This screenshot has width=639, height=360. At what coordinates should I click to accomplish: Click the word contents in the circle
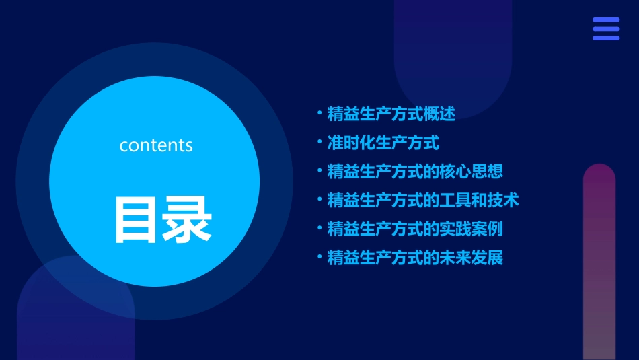coord(156,145)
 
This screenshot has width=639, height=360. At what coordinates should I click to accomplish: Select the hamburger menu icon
coord(606,29)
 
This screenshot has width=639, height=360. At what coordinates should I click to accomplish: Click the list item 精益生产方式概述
coord(391,114)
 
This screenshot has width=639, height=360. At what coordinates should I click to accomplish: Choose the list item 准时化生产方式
coord(383,143)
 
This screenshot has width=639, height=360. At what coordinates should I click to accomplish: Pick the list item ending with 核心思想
coord(415,172)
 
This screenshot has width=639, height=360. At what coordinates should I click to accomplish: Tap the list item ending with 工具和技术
coord(423,200)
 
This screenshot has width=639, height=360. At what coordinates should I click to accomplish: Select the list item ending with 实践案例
coord(415,229)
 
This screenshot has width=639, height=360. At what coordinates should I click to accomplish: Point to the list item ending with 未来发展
coord(415,258)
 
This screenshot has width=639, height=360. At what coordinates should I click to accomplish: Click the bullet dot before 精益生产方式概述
coord(319,113)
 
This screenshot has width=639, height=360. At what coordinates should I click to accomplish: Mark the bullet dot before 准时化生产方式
coord(319,142)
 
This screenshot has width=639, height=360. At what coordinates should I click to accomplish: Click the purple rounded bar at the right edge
coord(599,262)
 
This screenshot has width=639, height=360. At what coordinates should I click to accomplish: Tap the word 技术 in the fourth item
coord(502,200)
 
